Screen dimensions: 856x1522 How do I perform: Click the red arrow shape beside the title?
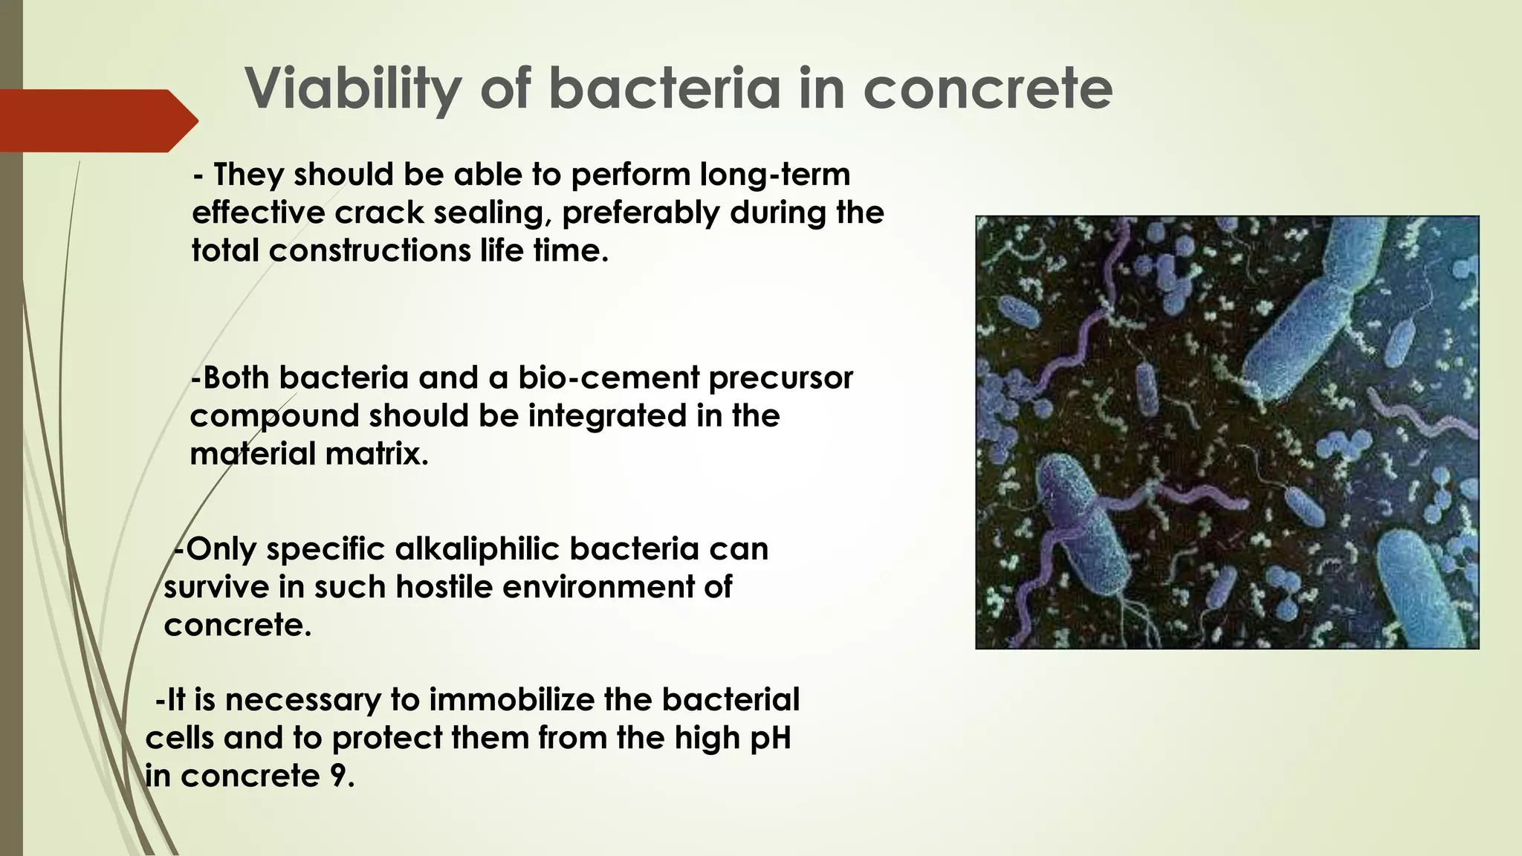(x=97, y=120)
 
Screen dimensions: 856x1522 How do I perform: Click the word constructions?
(x=369, y=251)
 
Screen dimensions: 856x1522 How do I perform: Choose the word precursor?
(x=780, y=378)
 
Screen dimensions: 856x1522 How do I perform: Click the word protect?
(x=386, y=739)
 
